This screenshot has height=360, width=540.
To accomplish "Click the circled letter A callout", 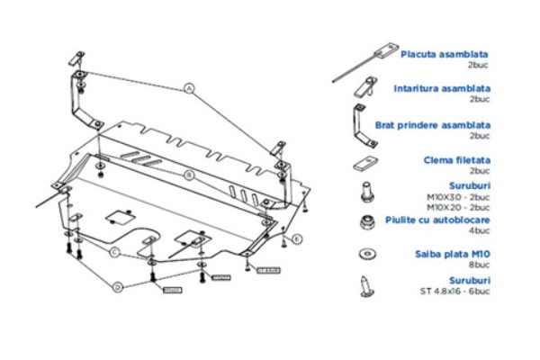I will point(190,88).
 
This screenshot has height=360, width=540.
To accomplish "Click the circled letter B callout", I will point(190,173).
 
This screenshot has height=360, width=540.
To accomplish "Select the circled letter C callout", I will point(115,252).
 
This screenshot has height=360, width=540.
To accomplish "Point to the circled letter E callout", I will point(298,238).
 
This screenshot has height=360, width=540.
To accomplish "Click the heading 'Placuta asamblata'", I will point(445,54).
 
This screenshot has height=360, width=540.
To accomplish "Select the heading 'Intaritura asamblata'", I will point(442,88).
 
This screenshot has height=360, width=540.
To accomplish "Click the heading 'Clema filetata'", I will point(456,159).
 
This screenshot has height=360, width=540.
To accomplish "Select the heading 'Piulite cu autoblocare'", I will point(438,220).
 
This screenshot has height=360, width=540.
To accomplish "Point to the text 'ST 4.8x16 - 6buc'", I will point(454,290).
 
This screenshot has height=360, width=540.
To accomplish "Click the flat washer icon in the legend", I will point(367,254).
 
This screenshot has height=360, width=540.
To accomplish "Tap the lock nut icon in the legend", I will point(367,222).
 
